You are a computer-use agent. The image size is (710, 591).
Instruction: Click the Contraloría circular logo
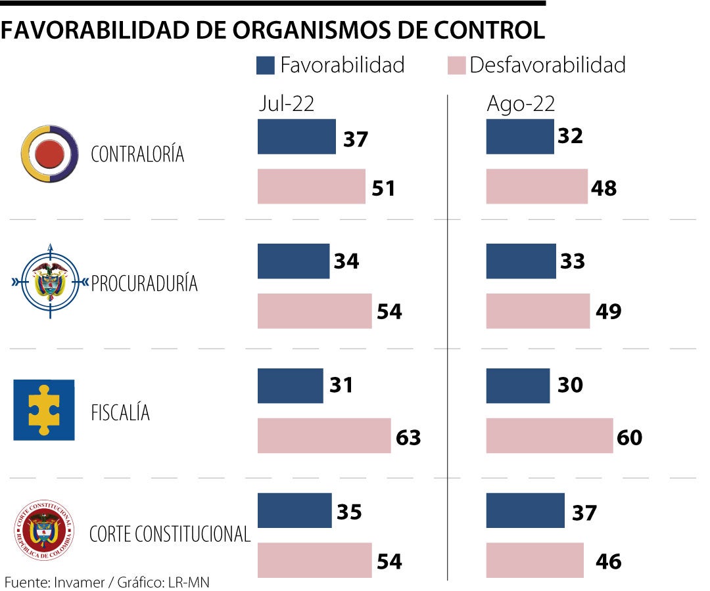(x=50, y=154)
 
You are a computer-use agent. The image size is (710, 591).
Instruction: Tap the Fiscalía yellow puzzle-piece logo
(x=44, y=410)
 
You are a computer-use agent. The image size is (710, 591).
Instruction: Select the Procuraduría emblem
(x=50, y=282)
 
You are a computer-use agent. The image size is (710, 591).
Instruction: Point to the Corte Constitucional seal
(x=44, y=531)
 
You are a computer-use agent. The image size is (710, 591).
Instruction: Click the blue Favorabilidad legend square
(x=266, y=65)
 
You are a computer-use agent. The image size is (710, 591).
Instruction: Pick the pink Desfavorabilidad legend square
(x=457, y=65)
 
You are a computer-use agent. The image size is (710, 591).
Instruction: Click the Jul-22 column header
(x=286, y=104)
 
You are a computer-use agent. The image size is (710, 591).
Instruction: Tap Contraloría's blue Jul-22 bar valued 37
(x=296, y=137)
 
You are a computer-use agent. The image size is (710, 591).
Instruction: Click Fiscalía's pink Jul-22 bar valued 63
(x=324, y=435)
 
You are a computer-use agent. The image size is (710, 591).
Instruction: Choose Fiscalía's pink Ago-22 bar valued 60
(x=550, y=435)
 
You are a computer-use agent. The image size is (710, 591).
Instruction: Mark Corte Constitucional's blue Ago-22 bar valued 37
(x=525, y=510)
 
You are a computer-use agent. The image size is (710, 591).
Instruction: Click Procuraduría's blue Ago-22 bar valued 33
(x=521, y=261)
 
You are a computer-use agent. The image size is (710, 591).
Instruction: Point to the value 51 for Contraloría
(x=383, y=188)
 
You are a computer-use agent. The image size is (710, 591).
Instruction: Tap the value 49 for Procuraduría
(x=608, y=311)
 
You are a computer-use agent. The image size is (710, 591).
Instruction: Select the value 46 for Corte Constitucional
(x=608, y=561)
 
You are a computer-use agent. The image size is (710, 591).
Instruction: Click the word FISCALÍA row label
(x=120, y=413)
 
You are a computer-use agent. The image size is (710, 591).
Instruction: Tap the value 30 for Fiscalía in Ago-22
(x=569, y=385)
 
